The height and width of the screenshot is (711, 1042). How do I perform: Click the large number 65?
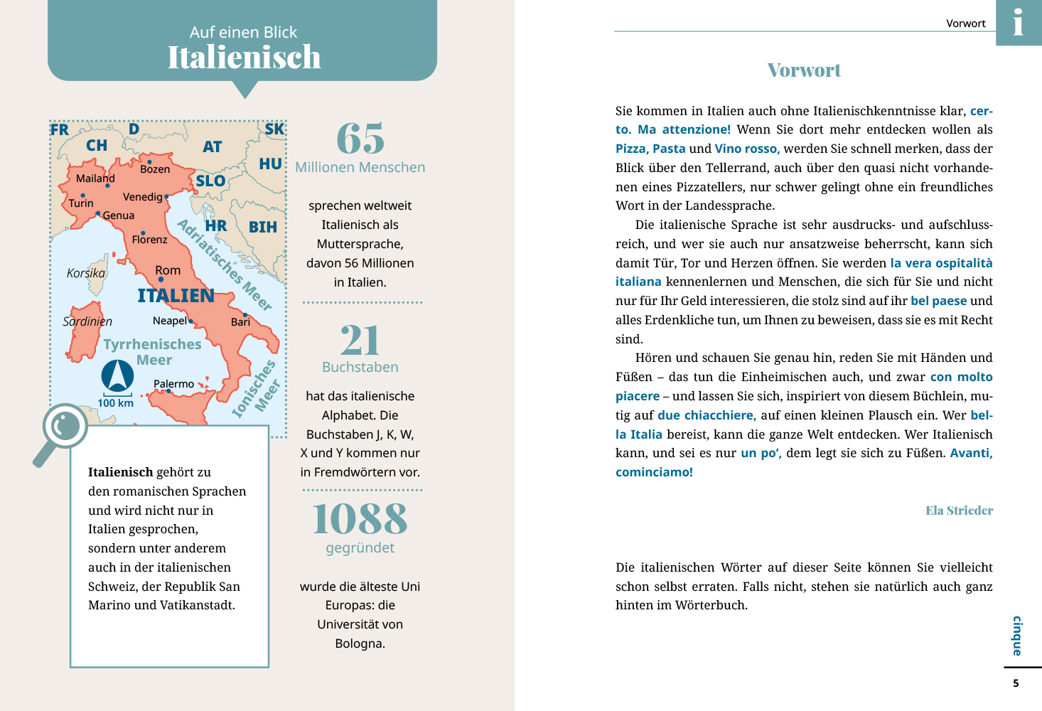(360, 139)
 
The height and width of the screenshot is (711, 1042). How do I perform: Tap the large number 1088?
(360, 519)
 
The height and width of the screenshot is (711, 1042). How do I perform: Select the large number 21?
(360, 341)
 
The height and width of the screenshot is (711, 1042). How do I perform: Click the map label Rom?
(168, 270)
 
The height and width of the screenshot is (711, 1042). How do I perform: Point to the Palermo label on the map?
(173, 384)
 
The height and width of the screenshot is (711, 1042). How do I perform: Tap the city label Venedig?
(143, 197)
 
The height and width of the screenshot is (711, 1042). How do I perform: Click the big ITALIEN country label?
(176, 296)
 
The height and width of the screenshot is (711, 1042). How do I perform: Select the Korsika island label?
(85, 273)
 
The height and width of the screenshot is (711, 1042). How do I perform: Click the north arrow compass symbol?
(117, 375)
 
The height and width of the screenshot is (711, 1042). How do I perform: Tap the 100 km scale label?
(116, 403)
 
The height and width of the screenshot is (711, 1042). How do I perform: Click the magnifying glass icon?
(63, 431)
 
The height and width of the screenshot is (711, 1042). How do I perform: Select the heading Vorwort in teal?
(804, 70)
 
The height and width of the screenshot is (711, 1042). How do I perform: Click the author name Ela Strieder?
(959, 510)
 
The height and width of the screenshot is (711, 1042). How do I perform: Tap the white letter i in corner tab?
(1019, 23)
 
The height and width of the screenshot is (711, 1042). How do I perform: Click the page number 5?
(1016, 683)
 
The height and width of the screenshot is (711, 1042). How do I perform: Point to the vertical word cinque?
(1017, 636)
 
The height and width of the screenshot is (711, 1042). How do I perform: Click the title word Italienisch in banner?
(244, 58)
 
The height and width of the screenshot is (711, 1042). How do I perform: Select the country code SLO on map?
(210, 181)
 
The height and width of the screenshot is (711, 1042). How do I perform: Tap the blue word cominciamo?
(654, 472)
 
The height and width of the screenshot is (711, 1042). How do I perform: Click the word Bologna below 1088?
(359, 643)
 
